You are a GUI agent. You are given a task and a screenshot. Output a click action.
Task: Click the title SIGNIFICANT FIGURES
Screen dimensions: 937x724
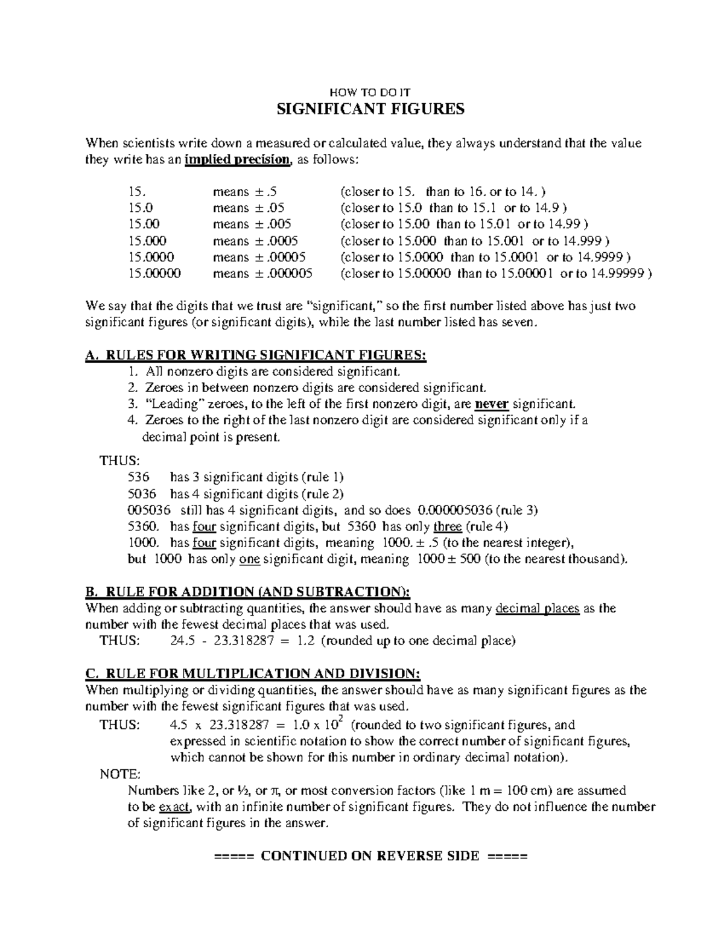370,109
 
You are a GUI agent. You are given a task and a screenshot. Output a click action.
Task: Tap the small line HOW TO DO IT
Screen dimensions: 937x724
370,93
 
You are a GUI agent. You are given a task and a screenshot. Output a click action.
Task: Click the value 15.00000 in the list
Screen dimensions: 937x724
154,273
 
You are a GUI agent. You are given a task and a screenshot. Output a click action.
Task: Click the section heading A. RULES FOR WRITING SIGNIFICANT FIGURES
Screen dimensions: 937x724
256,355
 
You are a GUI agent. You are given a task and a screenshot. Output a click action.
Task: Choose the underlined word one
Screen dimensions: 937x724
249,559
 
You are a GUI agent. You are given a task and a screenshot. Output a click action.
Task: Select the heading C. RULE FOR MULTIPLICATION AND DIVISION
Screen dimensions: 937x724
253,673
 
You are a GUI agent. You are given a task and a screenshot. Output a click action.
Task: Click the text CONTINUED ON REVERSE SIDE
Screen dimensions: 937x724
370,856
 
